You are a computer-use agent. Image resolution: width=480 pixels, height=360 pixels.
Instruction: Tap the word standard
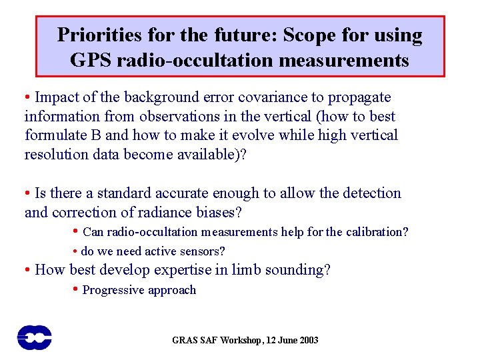[x=125, y=193]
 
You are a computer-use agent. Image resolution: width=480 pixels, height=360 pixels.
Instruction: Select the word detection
[x=369, y=193]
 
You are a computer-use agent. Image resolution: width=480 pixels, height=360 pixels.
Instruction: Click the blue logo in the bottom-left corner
[x=34, y=337]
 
